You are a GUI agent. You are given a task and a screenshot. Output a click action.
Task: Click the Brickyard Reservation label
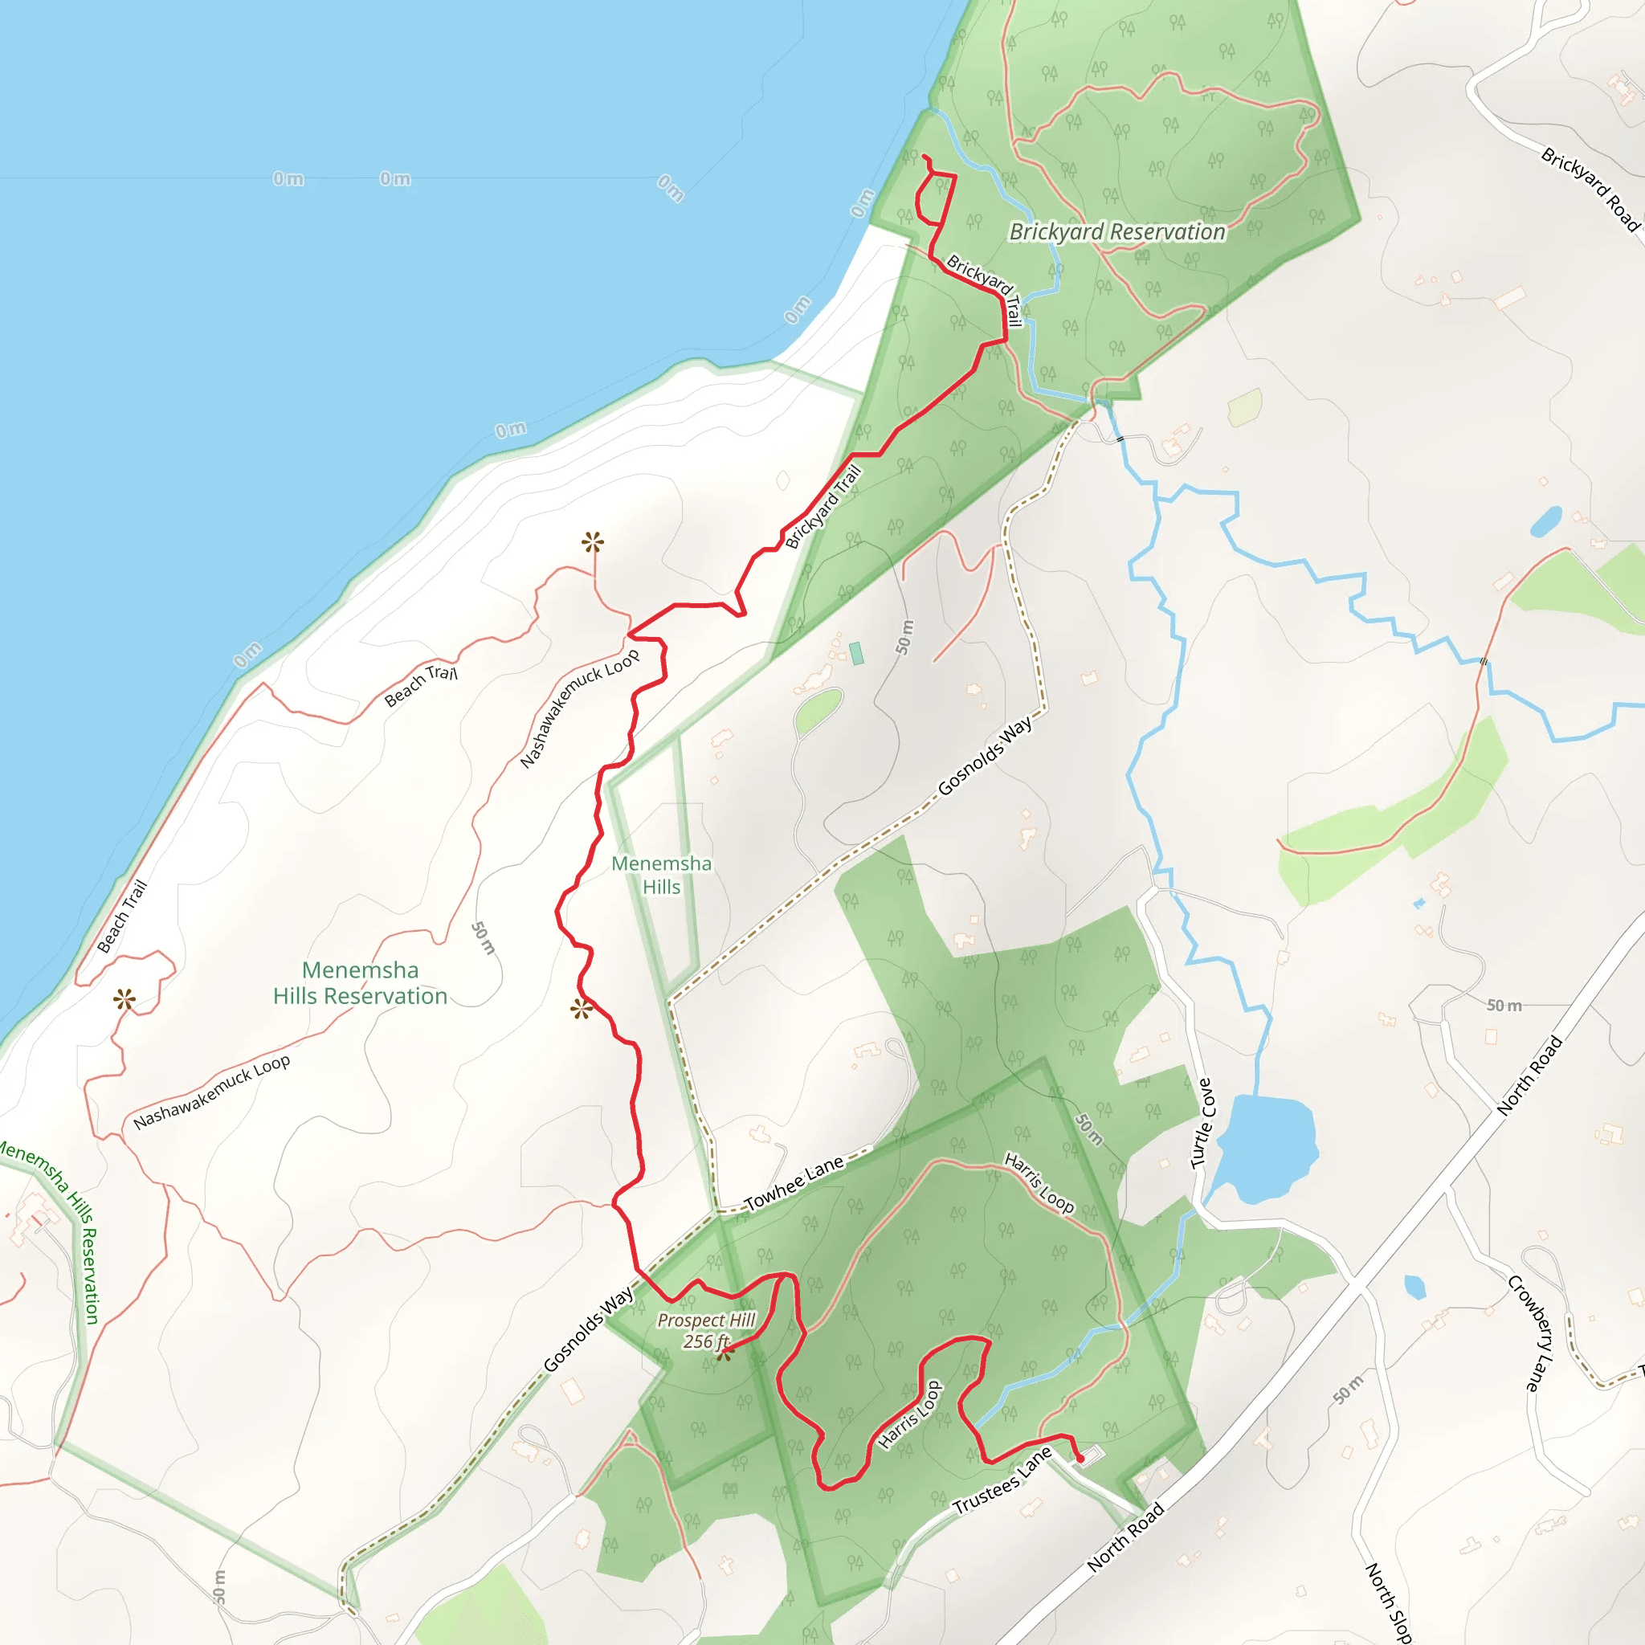tap(1117, 231)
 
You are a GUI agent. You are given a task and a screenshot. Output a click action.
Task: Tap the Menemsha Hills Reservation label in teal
tap(360, 983)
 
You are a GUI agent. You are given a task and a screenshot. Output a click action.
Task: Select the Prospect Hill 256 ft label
tap(706, 1330)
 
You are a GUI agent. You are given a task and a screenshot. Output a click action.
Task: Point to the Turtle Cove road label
tap(1202, 1123)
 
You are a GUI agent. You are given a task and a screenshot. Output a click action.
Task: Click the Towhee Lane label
tap(794, 1182)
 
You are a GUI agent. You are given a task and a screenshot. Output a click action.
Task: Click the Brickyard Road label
tap(1590, 189)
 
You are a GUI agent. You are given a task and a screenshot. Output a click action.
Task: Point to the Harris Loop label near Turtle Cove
tap(1039, 1182)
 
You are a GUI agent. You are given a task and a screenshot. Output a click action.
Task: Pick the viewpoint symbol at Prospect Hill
tap(725, 1352)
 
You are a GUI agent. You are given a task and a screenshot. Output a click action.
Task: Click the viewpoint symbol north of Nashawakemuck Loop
tap(594, 541)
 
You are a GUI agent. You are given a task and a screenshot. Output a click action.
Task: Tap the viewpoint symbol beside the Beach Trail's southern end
tap(125, 999)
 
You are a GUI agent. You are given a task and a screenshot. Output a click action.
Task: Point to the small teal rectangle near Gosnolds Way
tap(856, 654)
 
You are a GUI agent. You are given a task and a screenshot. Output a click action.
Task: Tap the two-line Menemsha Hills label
tap(662, 875)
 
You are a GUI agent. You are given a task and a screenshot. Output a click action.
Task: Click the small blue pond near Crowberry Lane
tap(1415, 1287)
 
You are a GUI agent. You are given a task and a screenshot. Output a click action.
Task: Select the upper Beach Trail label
tap(421, 684)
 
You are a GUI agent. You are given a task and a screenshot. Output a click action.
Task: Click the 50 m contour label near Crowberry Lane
tap(1504, 1006)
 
